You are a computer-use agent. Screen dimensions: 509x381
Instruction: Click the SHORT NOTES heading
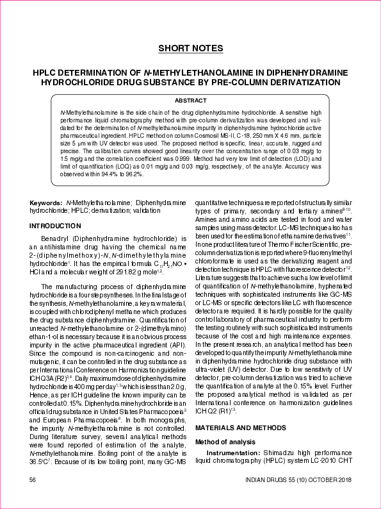tap(190, 48)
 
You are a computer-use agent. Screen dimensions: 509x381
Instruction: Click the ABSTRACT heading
tap(190, 101)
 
